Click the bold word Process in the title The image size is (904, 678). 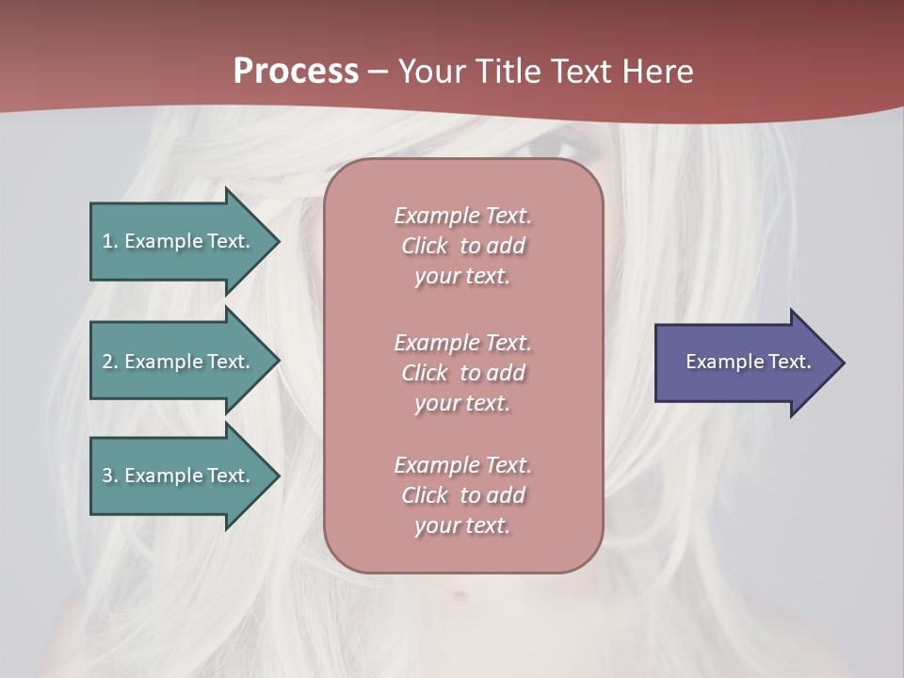[x=296, y=72]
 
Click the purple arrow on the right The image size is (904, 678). [x=744, y=363]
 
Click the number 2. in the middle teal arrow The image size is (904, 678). [x=109, y=362]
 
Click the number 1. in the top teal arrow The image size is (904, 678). [x=109, y=241]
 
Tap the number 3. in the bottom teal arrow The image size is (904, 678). [x=109, y=476]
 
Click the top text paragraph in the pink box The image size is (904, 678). [x=462, y=246]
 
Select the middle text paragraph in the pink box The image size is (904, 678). [x=462, y=373]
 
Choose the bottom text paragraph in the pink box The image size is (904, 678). [x=462, y=495]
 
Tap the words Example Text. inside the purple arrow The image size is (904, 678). [x=748, y=362]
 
